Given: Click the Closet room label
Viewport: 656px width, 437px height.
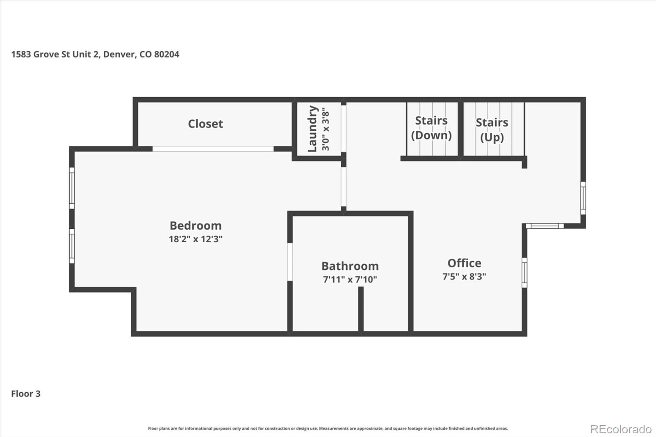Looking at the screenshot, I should pyautogui.click(x=205, y=124).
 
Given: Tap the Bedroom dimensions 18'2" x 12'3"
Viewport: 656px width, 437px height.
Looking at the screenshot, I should pyautogui.click(x=196, y=239).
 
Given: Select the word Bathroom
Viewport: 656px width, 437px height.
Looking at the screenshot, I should pyautogui.click(x=350, y=266).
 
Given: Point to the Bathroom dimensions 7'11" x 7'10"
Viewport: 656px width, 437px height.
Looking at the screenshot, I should pyautogui.click(x=350, y=280).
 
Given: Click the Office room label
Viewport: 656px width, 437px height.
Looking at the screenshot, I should pyautogui.click(x=464, y=263).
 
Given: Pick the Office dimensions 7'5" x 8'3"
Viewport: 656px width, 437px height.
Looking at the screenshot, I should pyautogui.click(x=464, y=277).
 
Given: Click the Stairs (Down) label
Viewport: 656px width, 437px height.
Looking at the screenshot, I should pyautogui.click(x=431, y=128).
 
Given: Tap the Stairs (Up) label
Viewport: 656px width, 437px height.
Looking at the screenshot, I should pyautogui.click(x=492, y=130).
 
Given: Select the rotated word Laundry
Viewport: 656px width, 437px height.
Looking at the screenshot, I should pyautogui.click(x=312, y=129).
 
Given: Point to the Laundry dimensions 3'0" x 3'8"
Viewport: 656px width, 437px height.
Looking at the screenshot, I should pyautogui.click(x=326, y=129).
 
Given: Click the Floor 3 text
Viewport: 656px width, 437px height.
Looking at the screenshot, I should pyautogui.click(x=25, y=394).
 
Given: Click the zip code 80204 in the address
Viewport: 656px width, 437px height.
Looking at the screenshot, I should pyautogui.click(x=166, y=55).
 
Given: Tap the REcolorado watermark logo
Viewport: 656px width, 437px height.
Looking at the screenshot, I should pyautogui.click(x=621, y=429).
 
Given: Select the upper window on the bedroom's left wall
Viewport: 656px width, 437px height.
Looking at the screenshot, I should pyautogui.click(x=72, y=188).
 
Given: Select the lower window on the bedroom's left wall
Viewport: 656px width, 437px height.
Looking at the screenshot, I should pyautogui.click(x=72, y=246).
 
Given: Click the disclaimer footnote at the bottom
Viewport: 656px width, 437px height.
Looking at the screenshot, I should pyautogui.click(x=328, y=428).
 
